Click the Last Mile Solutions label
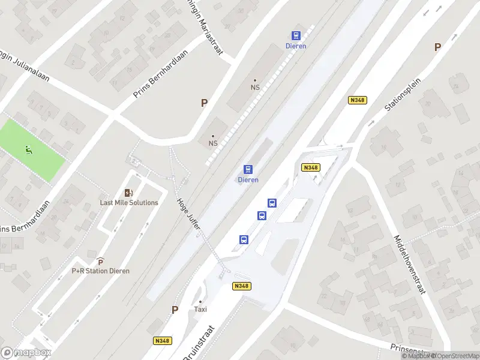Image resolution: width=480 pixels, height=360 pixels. [129, 202]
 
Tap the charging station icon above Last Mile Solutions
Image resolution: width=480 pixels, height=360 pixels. [128, 193]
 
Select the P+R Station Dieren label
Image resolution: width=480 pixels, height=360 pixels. [101, 271]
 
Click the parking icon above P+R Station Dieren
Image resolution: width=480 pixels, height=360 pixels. [100, 262]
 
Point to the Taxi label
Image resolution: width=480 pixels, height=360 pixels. [200, 310]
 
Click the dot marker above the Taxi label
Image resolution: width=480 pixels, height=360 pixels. [200, 302]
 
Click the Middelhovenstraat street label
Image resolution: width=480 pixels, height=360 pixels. [409, 264]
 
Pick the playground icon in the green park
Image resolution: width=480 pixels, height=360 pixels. [28, 149]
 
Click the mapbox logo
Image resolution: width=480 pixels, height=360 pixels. [26, 353]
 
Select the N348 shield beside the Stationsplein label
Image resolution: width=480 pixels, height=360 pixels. [357, 100]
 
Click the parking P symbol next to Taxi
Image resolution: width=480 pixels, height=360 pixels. [175, 310]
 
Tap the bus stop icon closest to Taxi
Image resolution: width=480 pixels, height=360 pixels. [244, 239]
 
